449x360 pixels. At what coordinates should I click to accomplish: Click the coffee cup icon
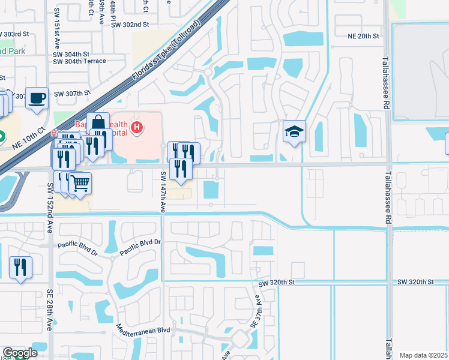(37, 98)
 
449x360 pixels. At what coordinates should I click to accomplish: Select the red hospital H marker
(137, 127)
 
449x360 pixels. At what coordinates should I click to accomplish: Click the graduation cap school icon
(294, 131)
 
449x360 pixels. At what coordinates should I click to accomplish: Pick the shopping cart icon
(80, 183)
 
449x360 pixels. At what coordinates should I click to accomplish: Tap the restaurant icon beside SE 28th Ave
(21, 267)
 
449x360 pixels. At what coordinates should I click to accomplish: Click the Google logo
(20, 353)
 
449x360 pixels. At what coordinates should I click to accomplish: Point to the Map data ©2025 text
(424, 355)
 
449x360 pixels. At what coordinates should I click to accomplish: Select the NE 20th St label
(364, 36)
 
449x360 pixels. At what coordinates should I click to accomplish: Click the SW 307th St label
(72, 94)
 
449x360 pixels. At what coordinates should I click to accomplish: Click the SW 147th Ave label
(163, 191)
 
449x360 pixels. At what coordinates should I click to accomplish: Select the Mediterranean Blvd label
(143, 330)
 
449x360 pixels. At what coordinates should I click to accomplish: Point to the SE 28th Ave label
(50, 309)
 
